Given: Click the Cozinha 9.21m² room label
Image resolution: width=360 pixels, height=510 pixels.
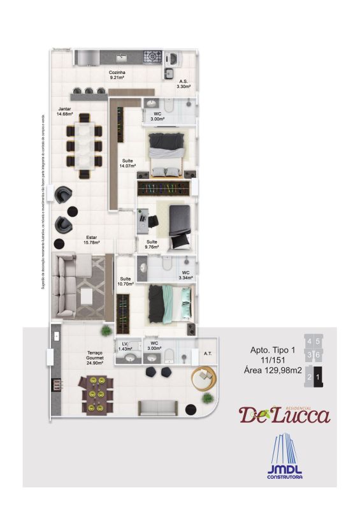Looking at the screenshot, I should pos(117,76).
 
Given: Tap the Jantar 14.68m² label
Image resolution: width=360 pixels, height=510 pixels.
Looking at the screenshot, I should pos(65,112).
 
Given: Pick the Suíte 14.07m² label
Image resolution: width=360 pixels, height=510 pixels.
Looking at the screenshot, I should pos(127,163).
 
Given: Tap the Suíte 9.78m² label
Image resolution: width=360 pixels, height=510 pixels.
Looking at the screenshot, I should pos(152,245).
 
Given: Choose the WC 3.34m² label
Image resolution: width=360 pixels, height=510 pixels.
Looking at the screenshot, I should pos(185,275).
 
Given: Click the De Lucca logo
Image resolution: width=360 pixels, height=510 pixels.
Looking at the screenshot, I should pos(285,414).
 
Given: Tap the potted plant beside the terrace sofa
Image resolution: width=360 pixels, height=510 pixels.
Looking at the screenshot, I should pos(206,398).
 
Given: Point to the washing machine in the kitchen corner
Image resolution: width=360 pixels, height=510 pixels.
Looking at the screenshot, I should pos(173,58).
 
